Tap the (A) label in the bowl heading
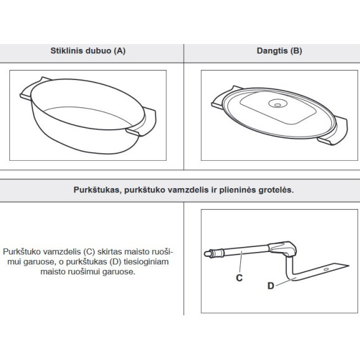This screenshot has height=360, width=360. click(120, 51)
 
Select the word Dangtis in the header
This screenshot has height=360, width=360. click(272, 51)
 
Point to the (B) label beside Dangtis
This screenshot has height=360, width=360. click(296, 51)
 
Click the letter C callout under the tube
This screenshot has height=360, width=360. click(239, 277)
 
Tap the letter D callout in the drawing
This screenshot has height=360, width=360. click(271, 286)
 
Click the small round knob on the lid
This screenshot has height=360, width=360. click(278, 104)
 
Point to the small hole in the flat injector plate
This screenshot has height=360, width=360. click(326, 269)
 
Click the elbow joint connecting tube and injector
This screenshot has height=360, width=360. click(283, 249)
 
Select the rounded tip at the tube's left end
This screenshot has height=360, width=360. click(207, 253)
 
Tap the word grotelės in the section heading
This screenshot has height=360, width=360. click(276, 191)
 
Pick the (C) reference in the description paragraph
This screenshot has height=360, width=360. click(89, 251)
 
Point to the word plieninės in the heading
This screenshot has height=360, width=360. click(238, 191)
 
